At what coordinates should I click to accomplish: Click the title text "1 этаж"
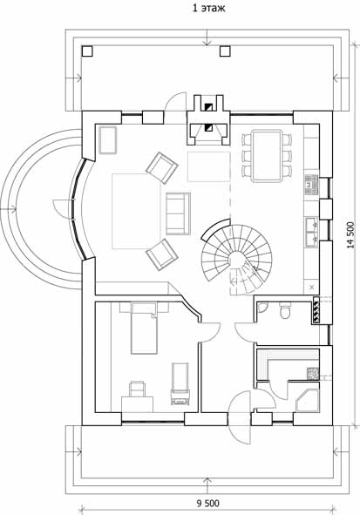point(208,8)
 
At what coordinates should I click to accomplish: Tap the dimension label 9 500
point(207,503)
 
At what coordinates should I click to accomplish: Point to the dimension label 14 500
point(351,235)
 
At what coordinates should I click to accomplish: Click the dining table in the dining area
point(267,155)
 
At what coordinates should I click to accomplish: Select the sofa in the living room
point(179,213)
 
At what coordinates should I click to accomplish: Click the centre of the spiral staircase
point(237,259)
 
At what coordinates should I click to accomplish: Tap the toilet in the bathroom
point(284,311)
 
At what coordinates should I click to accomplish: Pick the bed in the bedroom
point(144,329)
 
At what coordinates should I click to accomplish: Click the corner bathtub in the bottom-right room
point(308,400)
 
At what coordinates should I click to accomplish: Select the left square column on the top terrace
point(87,51)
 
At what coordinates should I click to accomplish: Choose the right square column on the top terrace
point(225,51)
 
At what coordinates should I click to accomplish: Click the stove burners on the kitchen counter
point(312,186)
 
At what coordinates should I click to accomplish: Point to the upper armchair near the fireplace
point(162,167)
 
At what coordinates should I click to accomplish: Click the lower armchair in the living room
point(162,254)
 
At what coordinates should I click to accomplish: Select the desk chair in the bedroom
point(138,389)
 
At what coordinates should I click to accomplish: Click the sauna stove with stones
point(313,374)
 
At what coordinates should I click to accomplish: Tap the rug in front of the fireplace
point(208,166)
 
